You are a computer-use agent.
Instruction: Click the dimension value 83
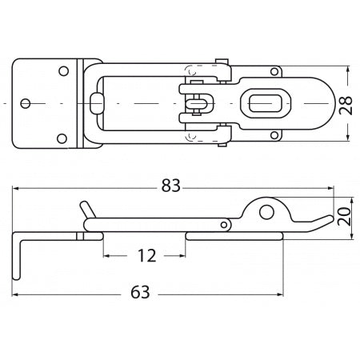tap(170, 186)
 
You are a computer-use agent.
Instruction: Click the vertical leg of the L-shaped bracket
tap(17, 256)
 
